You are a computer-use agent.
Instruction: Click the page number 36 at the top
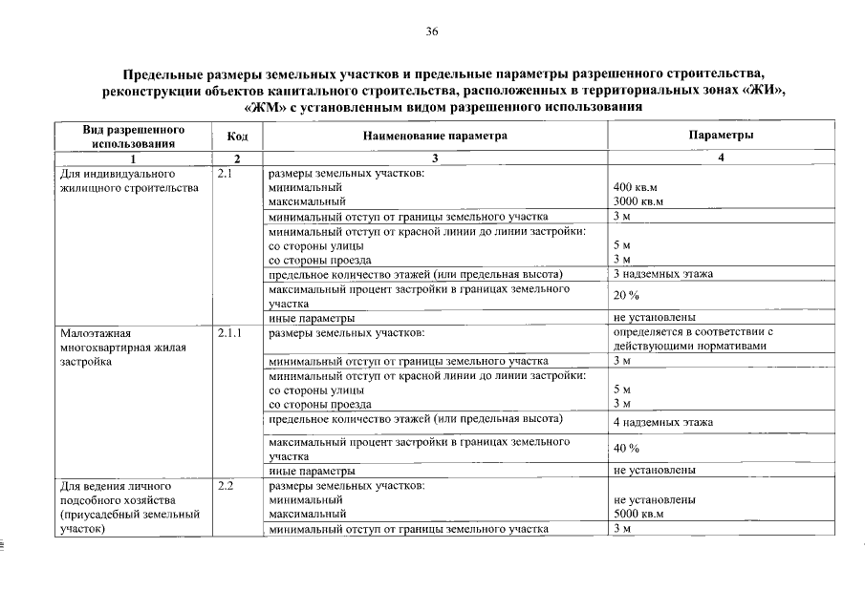point(432,32)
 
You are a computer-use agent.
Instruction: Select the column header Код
point(237,137)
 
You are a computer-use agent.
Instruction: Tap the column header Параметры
point(721,137)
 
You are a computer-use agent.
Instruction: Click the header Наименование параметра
point(434,137)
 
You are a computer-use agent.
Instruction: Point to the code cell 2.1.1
point(230,333)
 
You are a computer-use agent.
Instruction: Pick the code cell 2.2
point(227,486)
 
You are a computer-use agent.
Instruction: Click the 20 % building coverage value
point(626,296)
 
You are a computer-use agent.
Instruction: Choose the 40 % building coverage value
point(626,449)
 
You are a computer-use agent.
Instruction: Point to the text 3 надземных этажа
point(663,275)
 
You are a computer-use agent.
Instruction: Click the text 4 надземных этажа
point(663,422)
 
